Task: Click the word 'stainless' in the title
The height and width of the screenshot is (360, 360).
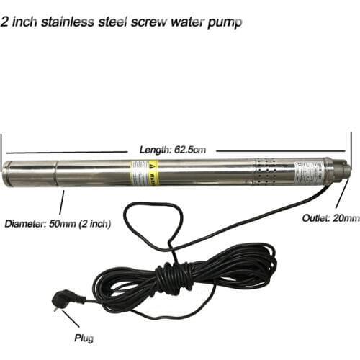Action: [75, 22]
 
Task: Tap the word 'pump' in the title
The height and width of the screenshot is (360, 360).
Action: [225, 22]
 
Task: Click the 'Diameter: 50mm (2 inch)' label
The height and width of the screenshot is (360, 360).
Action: [58, 224]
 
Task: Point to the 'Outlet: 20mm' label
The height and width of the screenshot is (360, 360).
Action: [330, 217]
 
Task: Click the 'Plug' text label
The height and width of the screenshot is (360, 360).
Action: [84, 337]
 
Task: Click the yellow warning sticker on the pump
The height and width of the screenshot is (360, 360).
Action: [144, 173]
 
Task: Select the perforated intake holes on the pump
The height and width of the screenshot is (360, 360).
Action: [266, 174]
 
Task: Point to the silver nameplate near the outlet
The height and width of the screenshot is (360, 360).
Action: [305, 173]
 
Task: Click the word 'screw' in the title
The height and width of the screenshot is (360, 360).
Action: [153, 22]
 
